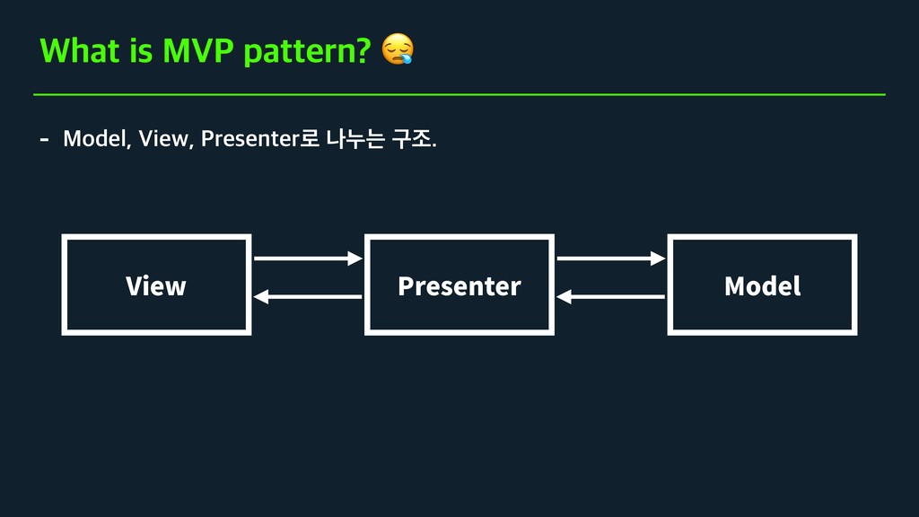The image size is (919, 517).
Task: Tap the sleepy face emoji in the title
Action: coord(398,49)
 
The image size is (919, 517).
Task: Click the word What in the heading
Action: coord(79,51)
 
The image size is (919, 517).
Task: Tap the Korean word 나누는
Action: coord(355,139)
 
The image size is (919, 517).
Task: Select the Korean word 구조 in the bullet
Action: coord(412,139)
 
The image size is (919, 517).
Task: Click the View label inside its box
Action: coord(156,285)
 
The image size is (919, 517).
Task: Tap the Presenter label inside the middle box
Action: coord(459,285)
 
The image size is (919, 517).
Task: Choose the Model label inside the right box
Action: coord(762,285)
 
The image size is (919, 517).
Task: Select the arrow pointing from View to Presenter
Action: coord(307,258)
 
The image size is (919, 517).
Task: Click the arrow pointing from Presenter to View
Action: coord(307,297)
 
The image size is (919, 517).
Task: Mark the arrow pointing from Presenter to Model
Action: coord(610,258)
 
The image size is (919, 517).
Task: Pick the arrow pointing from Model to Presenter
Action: coord(610,297)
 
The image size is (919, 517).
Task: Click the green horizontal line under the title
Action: coord(459,93)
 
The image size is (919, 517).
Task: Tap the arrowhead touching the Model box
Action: coord(659,258)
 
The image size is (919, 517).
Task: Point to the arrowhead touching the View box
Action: coord(260,297)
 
